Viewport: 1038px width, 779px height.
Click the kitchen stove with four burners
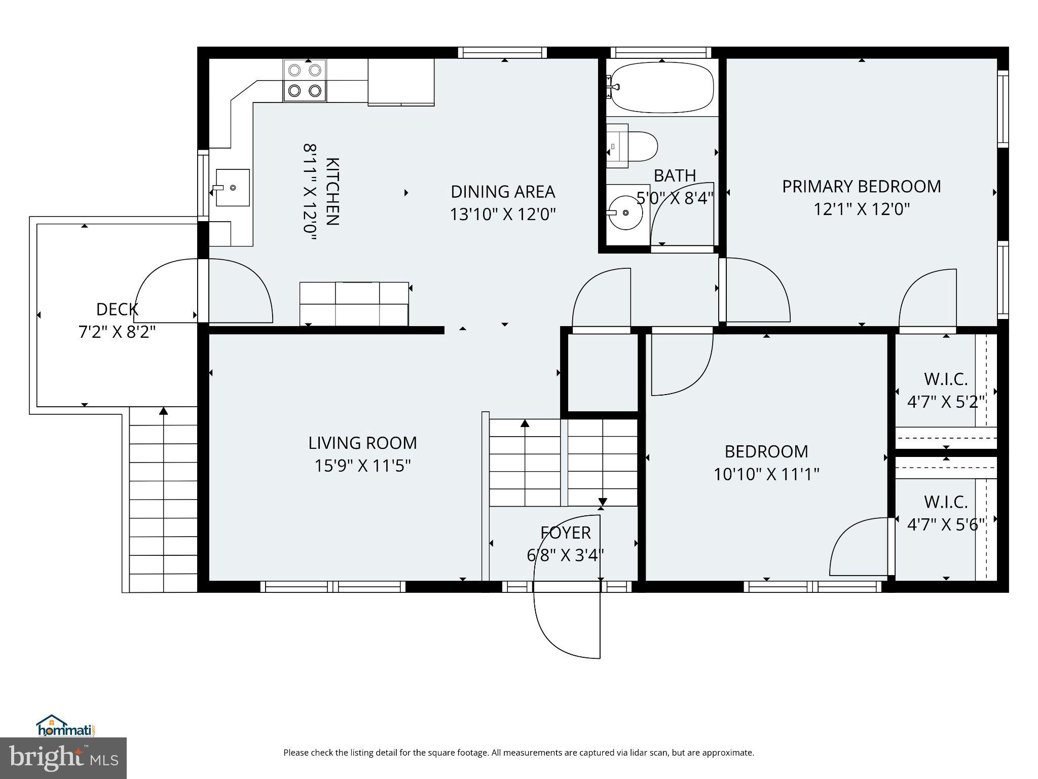(x=305, y=80)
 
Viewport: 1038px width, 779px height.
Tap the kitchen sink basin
(x=233, y=188)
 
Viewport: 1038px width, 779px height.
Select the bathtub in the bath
(x=662, y=87)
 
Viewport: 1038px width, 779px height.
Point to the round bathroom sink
(x=626, y=213)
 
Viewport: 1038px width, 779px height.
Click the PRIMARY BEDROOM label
(x=861, y=187)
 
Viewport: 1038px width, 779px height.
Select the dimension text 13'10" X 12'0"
(x=503, y=215)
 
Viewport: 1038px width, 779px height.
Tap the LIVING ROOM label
(x=362, y=443)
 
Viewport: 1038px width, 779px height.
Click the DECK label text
(x=117, y=309)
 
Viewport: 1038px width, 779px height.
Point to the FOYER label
(x=565, y=533)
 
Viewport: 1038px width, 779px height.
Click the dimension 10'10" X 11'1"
(x=766, y=474)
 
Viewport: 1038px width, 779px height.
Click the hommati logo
(x=66, y=726)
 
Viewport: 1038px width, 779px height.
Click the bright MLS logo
(x=63, y=758)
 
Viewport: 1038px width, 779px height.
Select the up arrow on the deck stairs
(x=163, y=411)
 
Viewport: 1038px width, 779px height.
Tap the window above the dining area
(x=502, y=52)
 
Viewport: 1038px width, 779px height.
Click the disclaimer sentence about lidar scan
(x=518, y=753)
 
